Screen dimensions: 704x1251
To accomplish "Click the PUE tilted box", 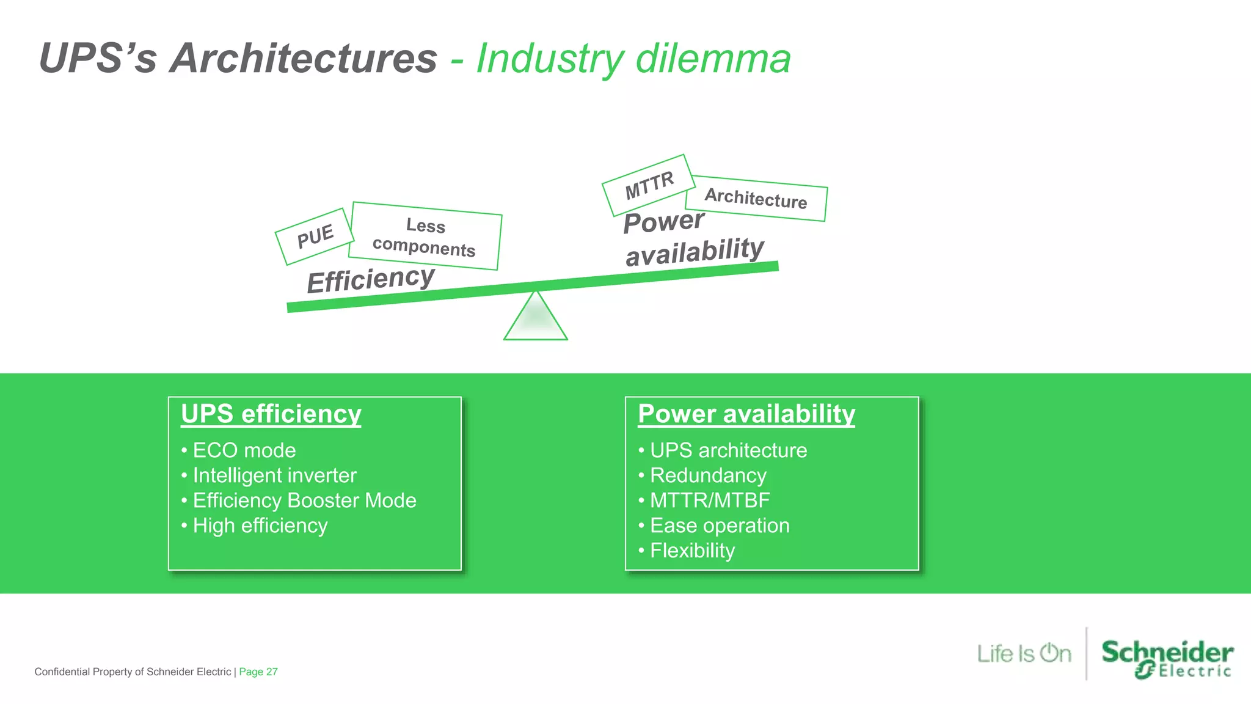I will click(315, 236).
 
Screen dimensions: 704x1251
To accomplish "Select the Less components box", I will click(425, 236).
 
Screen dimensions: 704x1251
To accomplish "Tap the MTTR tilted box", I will click(649, 185).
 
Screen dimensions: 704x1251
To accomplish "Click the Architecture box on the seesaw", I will click(756, 199).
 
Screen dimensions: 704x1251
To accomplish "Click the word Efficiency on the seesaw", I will click(371, 279).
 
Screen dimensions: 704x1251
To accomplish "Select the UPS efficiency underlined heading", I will click(271, 414).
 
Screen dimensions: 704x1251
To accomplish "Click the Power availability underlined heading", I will click(746, 414).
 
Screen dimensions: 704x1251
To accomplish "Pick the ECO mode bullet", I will click(244, 450).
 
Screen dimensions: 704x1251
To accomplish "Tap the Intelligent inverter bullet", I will click(274, 475).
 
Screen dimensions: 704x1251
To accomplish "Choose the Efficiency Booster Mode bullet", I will click(304, 501).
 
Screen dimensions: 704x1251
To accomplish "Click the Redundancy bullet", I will click(707, 475).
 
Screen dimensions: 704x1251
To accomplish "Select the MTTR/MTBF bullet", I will click(709, 501).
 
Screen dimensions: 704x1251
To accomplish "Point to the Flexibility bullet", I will click(691, 551).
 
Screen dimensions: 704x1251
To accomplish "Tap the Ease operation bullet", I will click(719, 526).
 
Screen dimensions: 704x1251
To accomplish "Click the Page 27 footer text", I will click(258, 672).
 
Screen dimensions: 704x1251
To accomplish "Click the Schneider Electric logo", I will click(1167, 659).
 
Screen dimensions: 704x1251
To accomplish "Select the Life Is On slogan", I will click(1024, 653).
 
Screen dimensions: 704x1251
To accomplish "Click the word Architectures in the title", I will click(304, 59).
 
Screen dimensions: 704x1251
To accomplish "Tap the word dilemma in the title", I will click(713, 59).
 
